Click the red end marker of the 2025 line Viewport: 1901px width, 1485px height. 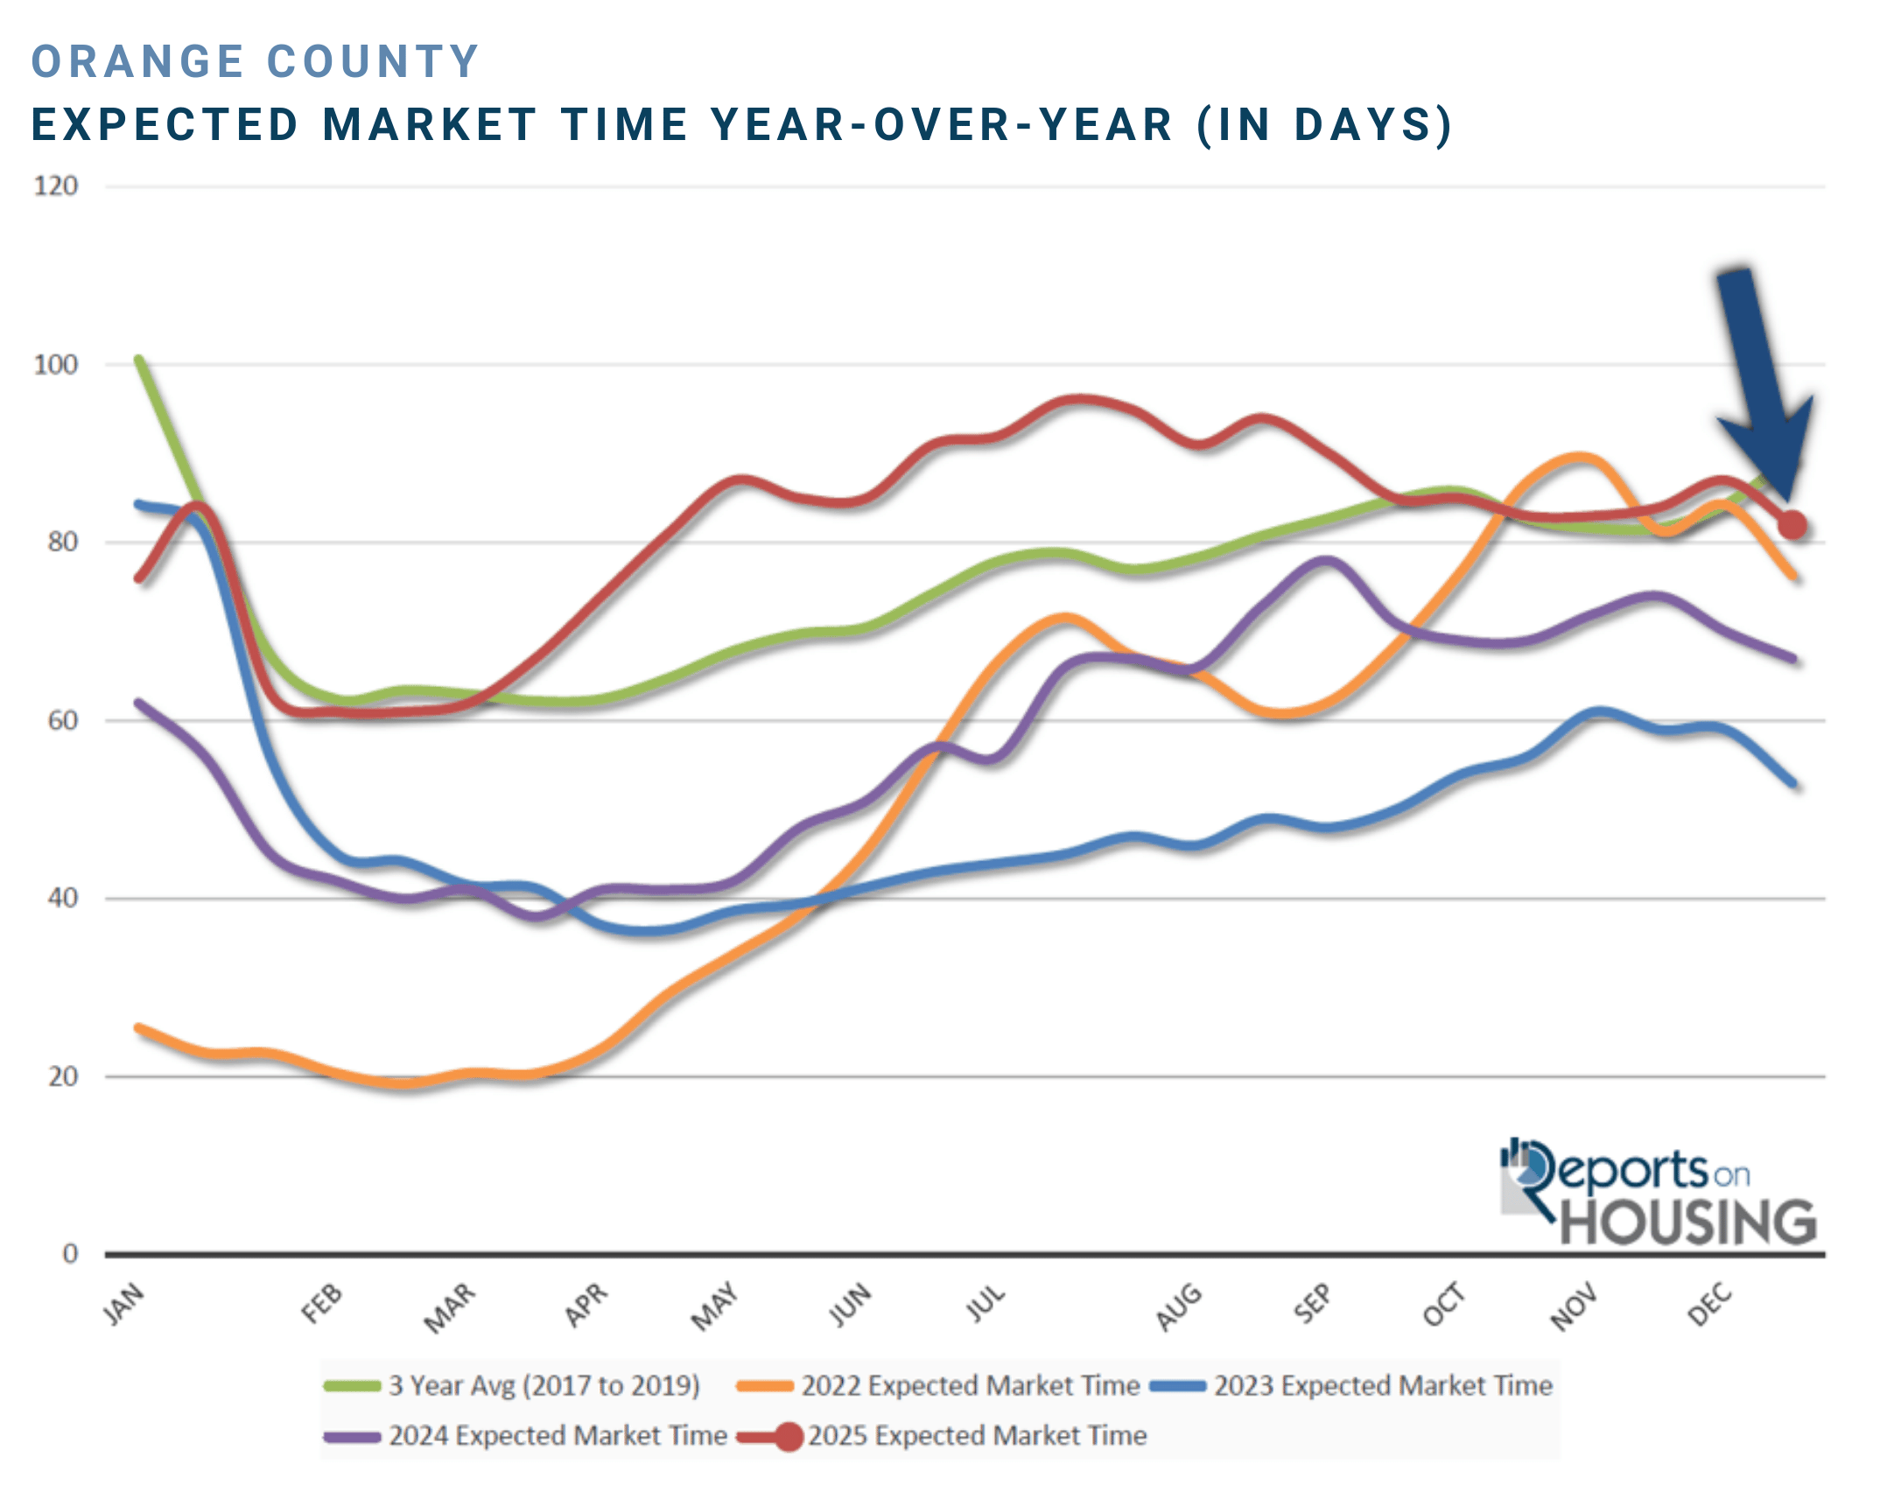point(1792,525)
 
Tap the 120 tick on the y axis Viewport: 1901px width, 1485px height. point(56,186)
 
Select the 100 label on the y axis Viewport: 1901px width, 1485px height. point(56,365)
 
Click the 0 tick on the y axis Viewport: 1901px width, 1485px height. point(70,1254)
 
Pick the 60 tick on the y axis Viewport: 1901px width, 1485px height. point(62,721)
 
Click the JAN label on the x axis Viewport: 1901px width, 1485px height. point(123,1304)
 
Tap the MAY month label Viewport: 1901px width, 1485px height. point(715,1306)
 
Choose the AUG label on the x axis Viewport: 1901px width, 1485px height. point(1179,1306)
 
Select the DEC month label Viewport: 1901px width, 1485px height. point(1710,1304)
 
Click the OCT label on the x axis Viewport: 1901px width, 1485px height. point(1443,1304)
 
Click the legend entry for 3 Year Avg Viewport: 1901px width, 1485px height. point(512,1385)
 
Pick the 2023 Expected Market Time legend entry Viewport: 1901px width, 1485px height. point(1351,1385)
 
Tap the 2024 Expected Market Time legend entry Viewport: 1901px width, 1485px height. point(525,1436)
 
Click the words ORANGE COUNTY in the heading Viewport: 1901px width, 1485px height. point(256,62)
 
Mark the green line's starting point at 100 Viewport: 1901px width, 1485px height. point(139,360)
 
